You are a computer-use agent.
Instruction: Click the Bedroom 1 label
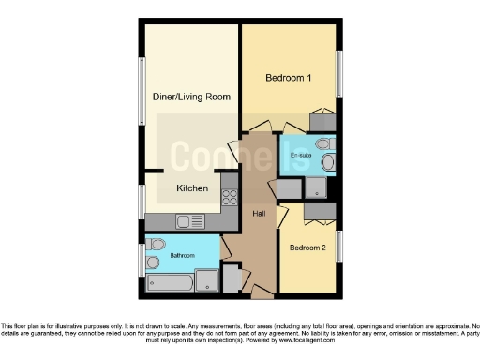[288, 78]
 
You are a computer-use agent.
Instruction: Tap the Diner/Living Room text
[191, 97]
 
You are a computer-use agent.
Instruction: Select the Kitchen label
[192, 188]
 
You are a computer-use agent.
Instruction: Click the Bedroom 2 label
[307, 248]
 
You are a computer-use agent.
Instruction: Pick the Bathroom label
[181, 255]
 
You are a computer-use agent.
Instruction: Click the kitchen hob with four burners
[229, 198]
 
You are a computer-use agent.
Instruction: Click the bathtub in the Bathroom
[171, 281]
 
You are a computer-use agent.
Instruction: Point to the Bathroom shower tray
[208, 279]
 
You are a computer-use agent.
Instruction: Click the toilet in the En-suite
[323, 144]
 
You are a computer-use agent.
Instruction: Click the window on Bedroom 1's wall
[340, 72]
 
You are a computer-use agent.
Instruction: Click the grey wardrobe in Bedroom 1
[322, 121]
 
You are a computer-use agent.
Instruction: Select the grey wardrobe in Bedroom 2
[319, 212]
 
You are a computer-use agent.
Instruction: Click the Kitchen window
[142, 202]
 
